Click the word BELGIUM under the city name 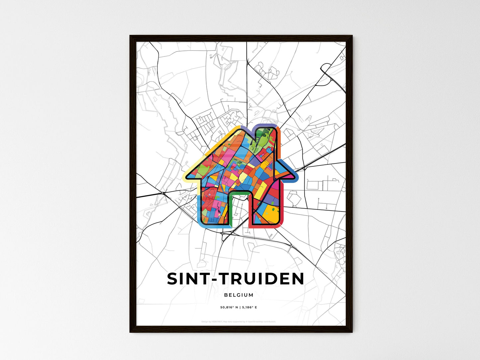tap(239, 295)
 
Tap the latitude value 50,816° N tap(229, 308)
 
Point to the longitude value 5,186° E tap(249, 308)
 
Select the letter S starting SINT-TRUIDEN tap(173, 279)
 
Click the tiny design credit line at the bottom tap(239, 321)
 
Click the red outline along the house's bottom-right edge tap(266, 227)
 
